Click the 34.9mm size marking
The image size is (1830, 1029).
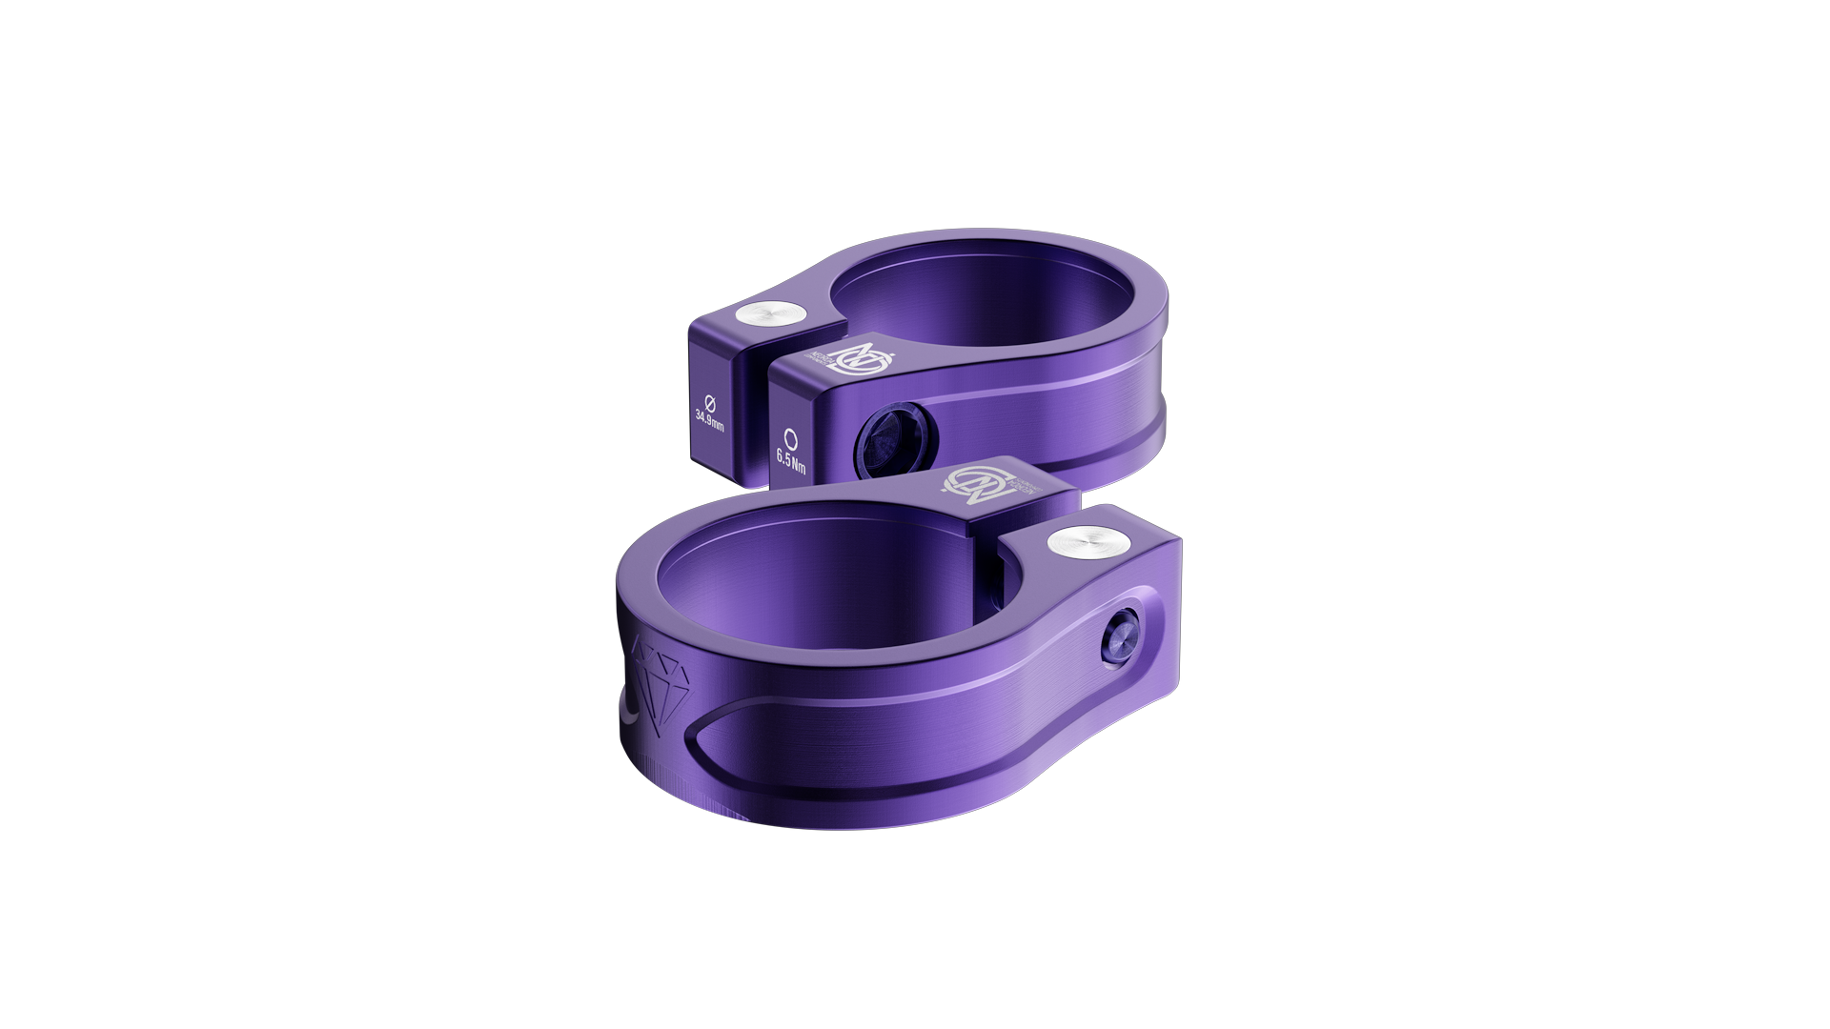click(709, 419)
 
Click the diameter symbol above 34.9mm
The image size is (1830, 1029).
click(709, 398)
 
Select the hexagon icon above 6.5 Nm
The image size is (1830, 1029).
click(790, 439)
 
